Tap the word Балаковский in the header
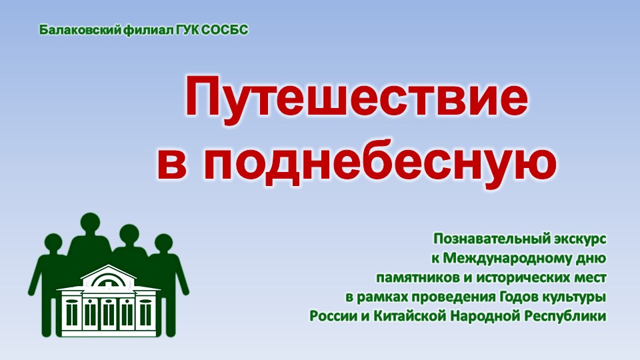click(80, 30)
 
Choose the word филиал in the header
click(149, 30)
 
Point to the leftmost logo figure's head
click(53, 244)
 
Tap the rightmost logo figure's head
click(164, 244)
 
